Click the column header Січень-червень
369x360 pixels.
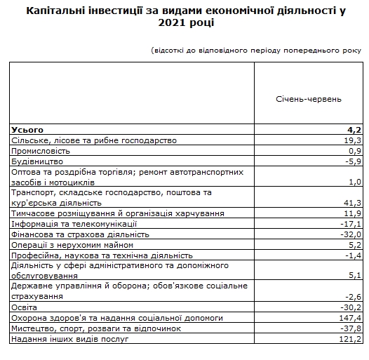tap(309, 99)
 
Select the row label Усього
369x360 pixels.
tap(27, 130)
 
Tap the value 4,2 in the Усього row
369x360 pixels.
tap(354, 130)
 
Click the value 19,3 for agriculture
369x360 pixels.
tap(351, 140)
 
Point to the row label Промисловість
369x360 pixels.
tap(41, 151)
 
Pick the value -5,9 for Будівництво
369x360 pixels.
tap(351, 161)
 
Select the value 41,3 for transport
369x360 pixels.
tap(351, 202)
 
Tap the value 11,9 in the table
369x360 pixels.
tap(351, 213)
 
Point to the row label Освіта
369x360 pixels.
tap(25, 307)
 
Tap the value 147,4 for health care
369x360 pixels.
tap(349, 317)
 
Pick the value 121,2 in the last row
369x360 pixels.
tap(349, 338)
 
